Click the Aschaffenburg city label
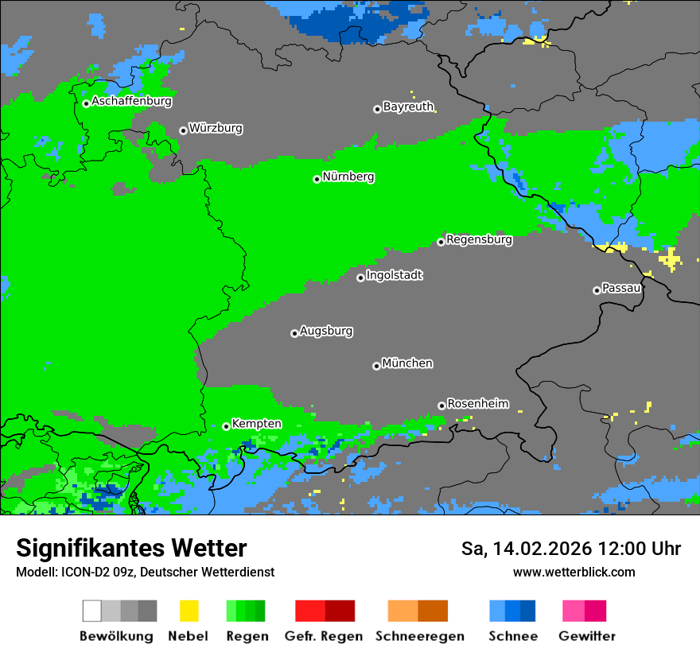pos(131,101)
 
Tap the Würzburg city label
pos(216,128)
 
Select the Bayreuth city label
pos(408,107)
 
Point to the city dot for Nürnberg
pos(317,179)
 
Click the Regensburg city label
pos(479,239)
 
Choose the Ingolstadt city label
pos(395,275)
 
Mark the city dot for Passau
pos(597,290)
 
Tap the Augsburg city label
pos(326,331)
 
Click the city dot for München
pos(376,366)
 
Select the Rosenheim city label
pos(478,403)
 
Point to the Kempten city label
pos(256,424)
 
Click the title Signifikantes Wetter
pos(131,548)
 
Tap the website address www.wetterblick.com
pos(574,572)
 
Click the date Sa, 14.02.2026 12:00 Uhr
pos(570,549)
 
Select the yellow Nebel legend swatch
pos(189,611)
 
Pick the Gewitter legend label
pos(586,636)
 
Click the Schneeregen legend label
pos(419,636)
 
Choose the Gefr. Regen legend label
pos(323,636)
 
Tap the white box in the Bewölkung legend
pos(91,611)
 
